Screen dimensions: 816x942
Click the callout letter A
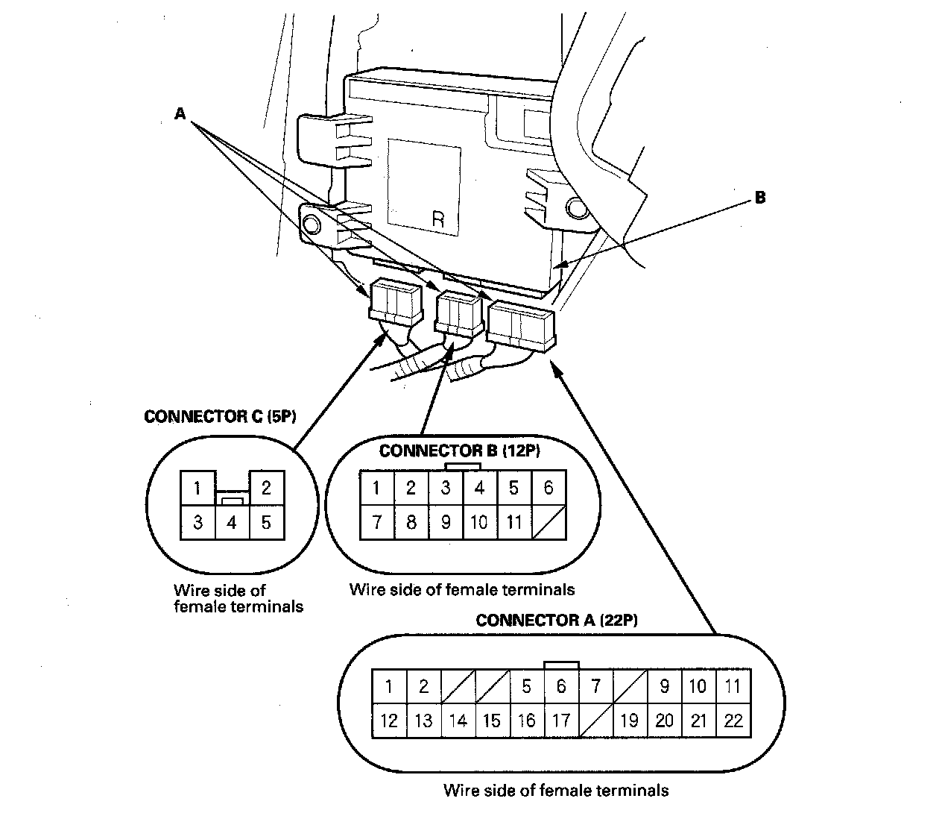pos(180,113)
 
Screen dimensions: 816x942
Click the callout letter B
pos(759,198)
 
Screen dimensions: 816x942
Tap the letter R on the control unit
pos(438,219)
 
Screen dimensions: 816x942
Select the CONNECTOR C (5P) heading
pos(220,416)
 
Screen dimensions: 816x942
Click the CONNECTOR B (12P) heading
pos(459,451)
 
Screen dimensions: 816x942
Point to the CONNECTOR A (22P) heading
pos(556,620)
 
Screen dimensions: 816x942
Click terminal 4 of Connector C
pos(232,522)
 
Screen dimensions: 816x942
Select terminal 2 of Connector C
pos(266,489)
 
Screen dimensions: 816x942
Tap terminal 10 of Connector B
pos(479,522)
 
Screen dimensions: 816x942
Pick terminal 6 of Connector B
pos(549,488)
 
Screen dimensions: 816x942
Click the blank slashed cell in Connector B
pos(549,522)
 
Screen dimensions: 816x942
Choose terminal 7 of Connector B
pos(377,522)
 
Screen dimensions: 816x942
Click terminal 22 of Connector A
pos(733,721)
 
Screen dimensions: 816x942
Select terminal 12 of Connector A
pos(389,721)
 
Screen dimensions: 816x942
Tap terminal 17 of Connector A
pos(561,721)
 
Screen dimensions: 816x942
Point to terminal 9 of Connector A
pos(664,686)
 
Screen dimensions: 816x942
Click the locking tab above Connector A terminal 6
pos(561,665)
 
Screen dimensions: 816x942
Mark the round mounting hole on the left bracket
pos(312,224)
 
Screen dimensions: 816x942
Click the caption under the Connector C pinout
pos(238,599)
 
